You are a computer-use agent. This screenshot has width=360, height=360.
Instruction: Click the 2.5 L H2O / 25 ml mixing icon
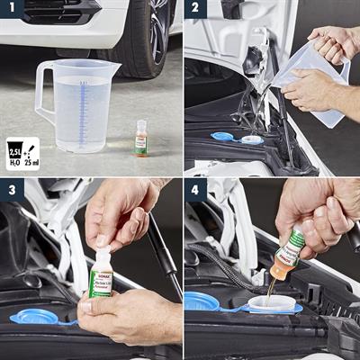click(22, 154)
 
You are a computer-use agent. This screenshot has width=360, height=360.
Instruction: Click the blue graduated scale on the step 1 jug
click(82, 112)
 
